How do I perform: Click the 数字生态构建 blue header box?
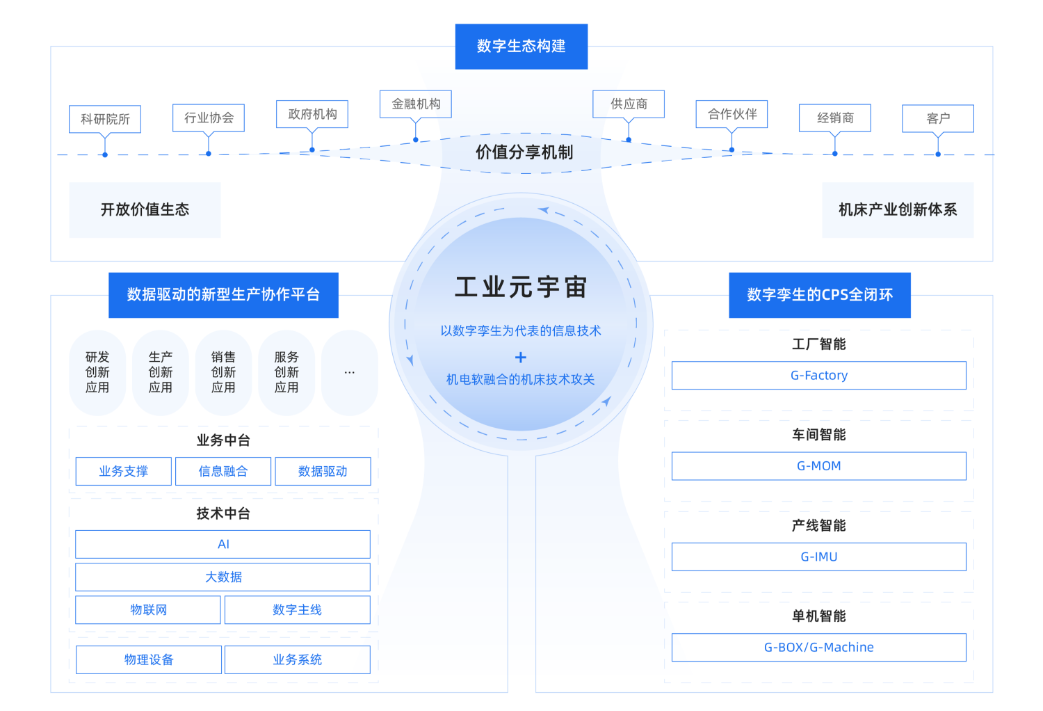[521, 47]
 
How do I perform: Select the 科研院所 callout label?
[105, 119]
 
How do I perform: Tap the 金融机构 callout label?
[416, 104]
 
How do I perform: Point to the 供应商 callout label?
[629, 104]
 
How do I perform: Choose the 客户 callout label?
[937, 118]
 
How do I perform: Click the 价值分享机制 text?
[524, 152]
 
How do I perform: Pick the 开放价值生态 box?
[145, 210]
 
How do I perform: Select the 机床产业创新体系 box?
[898, 210]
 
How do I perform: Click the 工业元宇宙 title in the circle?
[521, 287]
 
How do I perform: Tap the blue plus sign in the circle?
[521, 358]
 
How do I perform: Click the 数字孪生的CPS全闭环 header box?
[819, 295]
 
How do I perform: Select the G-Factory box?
[818, 376]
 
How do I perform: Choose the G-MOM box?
[818, 466]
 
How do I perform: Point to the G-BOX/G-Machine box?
[818, 648]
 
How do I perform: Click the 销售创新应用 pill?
[223, 373]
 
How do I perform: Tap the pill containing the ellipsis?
[349, 373]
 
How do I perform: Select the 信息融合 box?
[223, 472]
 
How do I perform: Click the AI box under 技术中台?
[223, 545]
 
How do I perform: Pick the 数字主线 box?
[297, 610]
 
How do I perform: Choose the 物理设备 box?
[149, 660]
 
